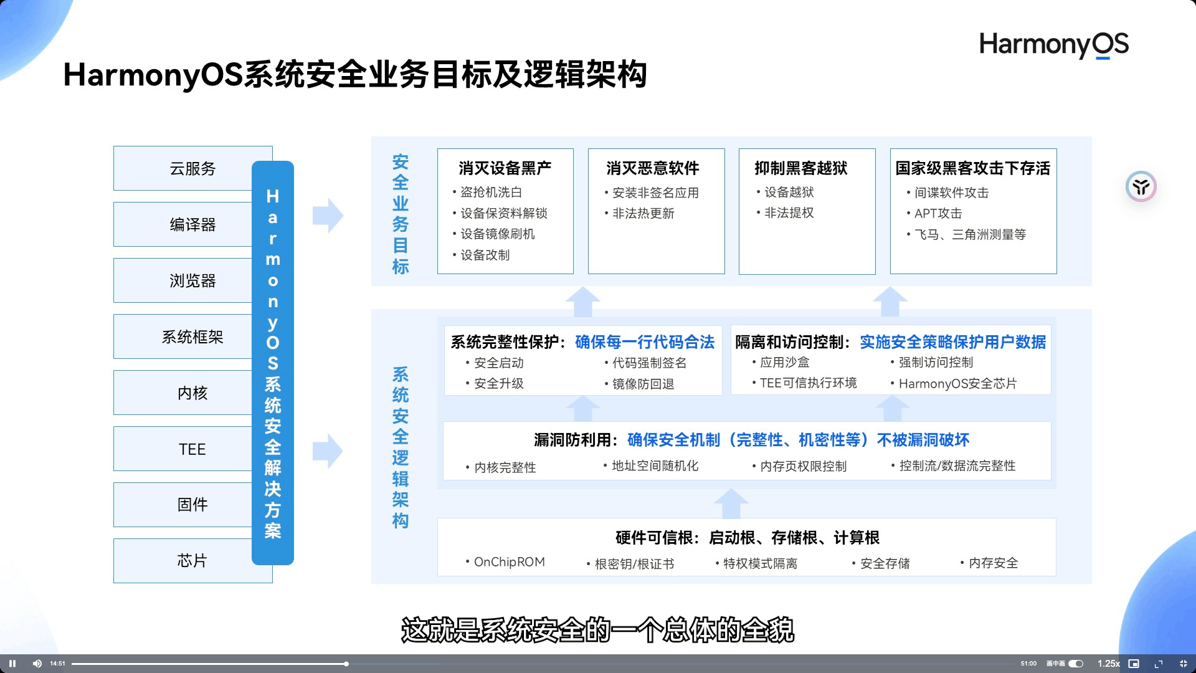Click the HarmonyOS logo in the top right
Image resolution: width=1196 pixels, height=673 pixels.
[x=1053, y=45]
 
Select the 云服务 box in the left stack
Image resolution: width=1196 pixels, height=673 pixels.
[x=192, y=168]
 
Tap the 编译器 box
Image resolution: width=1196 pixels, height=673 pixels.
[x=192, y=224]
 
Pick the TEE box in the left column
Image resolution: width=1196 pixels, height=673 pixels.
[x=192, y=449]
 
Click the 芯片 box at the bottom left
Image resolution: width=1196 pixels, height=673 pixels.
[x=192, y=560]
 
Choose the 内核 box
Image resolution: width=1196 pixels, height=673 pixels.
[x=192, y=393]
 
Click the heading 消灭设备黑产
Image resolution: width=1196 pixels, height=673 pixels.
[x=505, y=168]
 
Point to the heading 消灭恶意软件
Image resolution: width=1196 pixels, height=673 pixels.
[x=652, y=168]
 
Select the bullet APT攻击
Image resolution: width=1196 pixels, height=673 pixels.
[x=937, y=213]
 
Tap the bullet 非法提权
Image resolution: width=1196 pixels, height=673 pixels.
[x=789, y=213]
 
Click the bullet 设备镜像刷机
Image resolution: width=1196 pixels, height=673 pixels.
[x=497, y=234]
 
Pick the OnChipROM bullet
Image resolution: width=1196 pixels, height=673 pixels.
[x=509, y=562]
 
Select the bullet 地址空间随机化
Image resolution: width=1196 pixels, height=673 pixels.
[x=655, y=466]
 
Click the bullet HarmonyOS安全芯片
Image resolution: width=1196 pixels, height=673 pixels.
[x=957, y=383]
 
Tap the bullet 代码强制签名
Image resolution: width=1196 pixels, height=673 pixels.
[x=649, y=363]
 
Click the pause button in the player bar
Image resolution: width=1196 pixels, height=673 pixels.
[x=12, y=664]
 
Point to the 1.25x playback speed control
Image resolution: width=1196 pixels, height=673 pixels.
[x=1108, y=664]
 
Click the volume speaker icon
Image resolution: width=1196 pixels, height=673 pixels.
[x=37, y=664]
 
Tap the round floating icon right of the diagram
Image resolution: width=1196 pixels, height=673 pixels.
[x=1141, y=186]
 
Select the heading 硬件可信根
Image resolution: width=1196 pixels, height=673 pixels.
[x=657, y=538]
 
